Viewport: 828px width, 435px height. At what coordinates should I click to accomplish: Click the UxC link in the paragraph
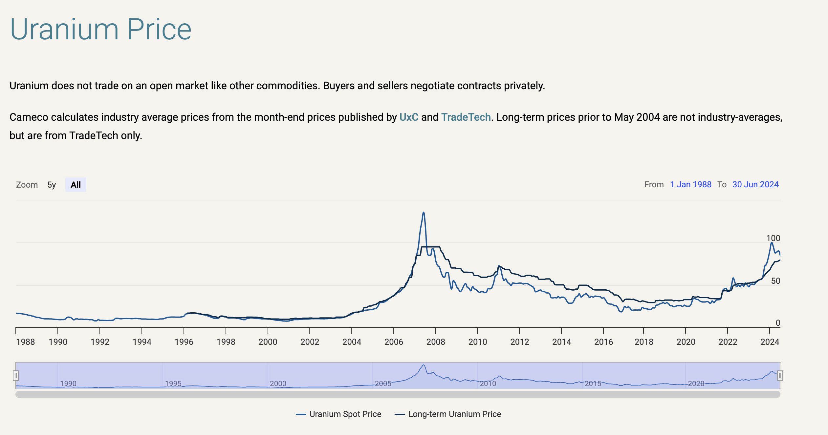click(409, 117)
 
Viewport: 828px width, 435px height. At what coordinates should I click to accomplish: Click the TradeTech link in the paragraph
click(466, 117)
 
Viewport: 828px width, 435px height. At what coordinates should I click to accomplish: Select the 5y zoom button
click(52, 185)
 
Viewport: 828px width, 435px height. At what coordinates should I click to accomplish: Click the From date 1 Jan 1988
click(690, 184)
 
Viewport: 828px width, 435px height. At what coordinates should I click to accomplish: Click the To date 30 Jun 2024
click(755, 184)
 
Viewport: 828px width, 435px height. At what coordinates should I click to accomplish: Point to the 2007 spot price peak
click(424, 213)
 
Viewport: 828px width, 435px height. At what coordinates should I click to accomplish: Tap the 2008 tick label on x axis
click(435, 342)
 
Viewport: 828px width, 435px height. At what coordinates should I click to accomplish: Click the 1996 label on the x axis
click(184, 342)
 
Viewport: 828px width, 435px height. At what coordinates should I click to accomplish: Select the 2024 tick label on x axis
click(770, 342)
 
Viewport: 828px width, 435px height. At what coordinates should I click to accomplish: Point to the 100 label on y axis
click(773, 238)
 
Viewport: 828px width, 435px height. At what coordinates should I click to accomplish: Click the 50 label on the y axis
click(775, 281)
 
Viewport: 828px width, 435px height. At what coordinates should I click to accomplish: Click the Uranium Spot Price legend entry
click(339, 414)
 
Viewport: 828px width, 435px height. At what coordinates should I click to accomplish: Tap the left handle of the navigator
click(16, 375)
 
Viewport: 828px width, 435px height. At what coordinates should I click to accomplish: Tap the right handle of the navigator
click(780, 375)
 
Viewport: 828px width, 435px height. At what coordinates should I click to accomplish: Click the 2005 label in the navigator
click(383, 383)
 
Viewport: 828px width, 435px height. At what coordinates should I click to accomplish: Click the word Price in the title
click(159, 30)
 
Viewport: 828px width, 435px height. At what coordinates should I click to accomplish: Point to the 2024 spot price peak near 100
click(772, 243)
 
